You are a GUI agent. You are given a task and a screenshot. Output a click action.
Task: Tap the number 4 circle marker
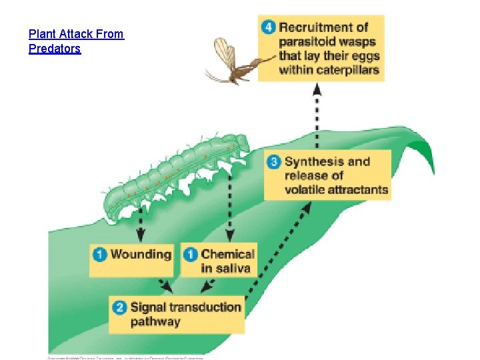coord(269,27)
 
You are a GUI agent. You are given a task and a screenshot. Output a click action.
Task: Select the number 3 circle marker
coord(274,161)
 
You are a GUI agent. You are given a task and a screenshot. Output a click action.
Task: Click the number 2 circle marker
coord(120,307)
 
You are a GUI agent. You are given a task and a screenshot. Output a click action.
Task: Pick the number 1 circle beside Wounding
coord(100,254)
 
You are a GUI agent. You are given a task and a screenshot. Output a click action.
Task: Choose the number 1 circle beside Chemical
coord(191,254)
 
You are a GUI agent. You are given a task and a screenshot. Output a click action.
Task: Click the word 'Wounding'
coord(141,254)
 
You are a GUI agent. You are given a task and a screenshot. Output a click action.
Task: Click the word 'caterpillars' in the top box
coord(345,69)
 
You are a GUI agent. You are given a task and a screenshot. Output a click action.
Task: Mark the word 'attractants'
coord(354,190)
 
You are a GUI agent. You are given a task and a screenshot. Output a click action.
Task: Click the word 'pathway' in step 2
coord(155,322)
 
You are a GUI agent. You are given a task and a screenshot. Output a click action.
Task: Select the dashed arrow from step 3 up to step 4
coord(317,117)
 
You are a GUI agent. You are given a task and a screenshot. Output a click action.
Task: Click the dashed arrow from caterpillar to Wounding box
coord(141,227)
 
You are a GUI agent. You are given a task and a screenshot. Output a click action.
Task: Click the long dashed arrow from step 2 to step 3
coord(280,247)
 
